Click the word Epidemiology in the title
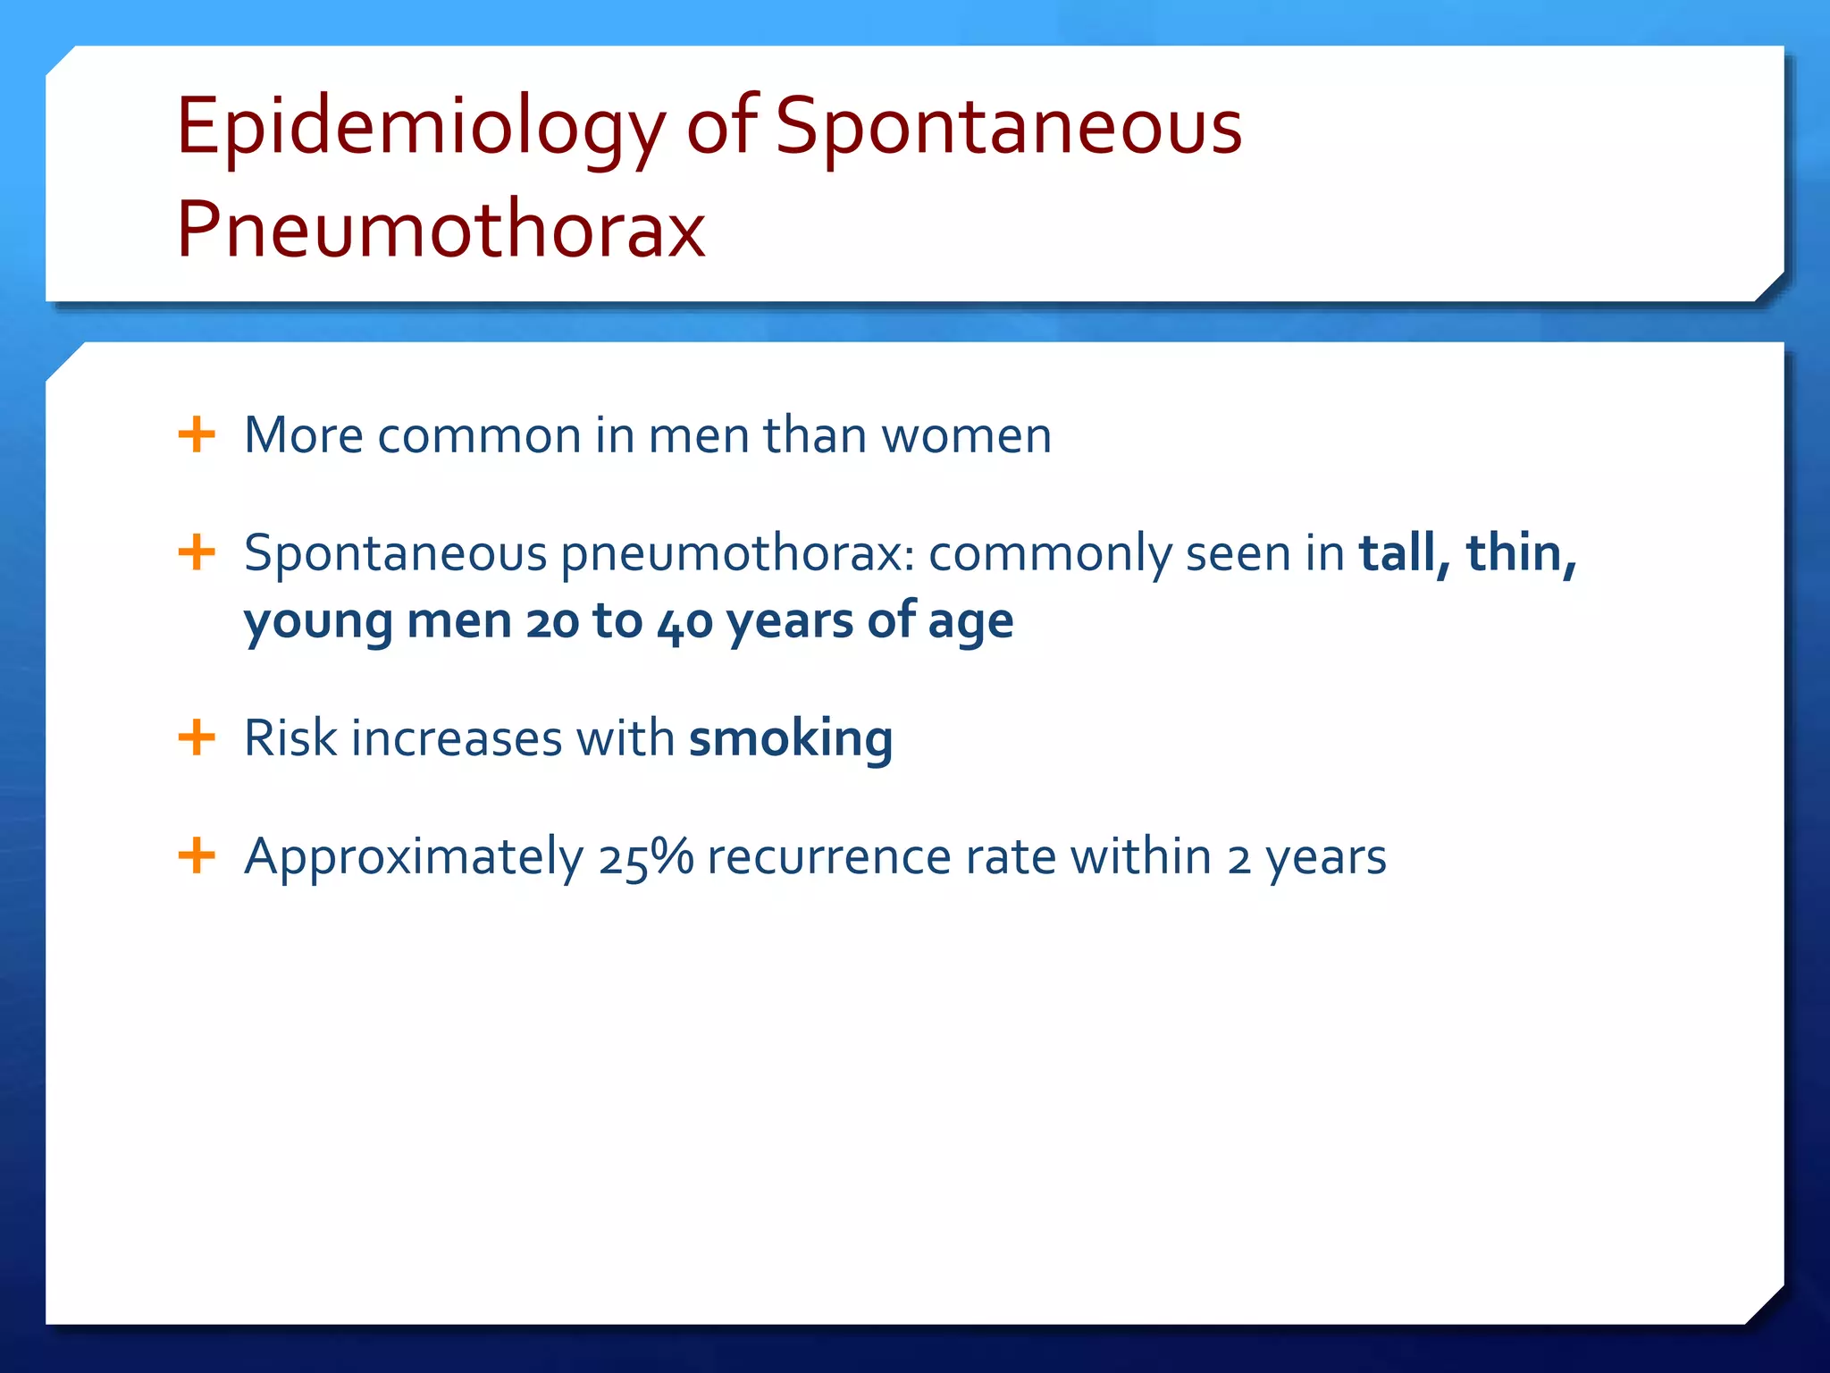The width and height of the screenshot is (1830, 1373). click(x=420, y=127)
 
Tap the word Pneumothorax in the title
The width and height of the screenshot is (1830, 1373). click(x=441, y=230)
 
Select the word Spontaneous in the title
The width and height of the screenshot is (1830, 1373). click(x=1008, y=127)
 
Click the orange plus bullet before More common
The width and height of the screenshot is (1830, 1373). click(x=197, y=435)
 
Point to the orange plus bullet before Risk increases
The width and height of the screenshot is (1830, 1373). click(x=197, y=738)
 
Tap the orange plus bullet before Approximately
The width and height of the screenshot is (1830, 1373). click(x=197, y=855)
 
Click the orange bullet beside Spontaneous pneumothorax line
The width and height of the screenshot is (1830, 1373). click(x=197, y=552)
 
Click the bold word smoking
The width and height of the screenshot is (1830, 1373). click(x=791, y=738)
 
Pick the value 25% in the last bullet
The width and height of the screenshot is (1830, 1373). click(x=645, y=856)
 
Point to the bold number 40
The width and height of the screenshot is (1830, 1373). click(x=684, y=621)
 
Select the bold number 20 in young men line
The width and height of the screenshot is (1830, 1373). click(x=552, y=621)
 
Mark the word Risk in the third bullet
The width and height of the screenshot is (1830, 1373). click(x=290, y=738)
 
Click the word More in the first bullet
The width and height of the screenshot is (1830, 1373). click(x=303, y=435)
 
